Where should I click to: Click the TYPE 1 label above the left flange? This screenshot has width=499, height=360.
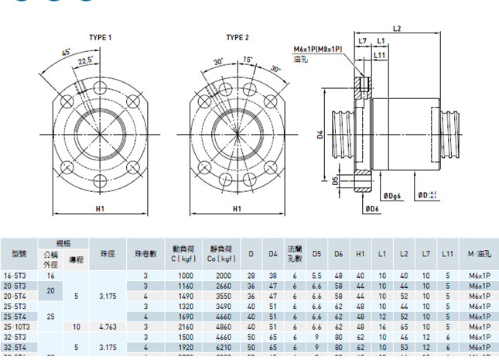100,37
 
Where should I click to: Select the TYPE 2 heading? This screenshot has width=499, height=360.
237,37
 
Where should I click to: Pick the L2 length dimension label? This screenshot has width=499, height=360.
397,29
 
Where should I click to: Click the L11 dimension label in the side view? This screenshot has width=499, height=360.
381,55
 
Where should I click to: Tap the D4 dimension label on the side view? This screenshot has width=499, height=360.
319,135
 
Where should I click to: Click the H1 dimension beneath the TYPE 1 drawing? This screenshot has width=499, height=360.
100,208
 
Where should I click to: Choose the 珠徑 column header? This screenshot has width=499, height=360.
108,253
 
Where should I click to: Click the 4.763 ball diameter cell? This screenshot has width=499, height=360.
108,327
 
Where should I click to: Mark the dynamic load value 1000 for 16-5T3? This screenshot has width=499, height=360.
186,276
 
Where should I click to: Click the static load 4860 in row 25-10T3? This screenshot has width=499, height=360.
223,327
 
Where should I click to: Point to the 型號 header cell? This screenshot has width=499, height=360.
19,253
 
